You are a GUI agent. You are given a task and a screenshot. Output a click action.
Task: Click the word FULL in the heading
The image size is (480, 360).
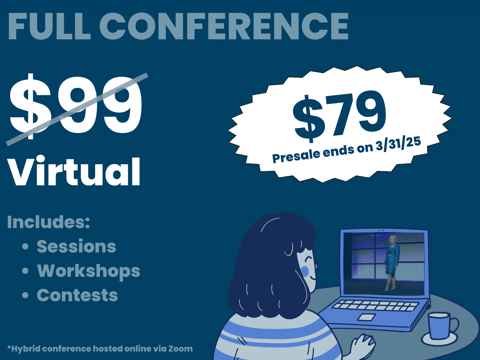(x=49, y=26)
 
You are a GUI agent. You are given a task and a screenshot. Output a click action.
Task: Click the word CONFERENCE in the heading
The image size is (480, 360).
(x=224, y=26)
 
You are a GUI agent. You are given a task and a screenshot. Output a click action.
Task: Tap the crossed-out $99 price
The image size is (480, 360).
(x=76, y=107)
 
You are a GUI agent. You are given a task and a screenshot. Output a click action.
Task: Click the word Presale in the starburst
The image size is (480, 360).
(x=297, y=155)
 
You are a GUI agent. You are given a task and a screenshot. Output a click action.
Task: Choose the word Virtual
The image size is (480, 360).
(x=74, y=172)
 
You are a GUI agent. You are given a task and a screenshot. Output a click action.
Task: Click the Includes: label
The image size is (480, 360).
(x=48, y=222)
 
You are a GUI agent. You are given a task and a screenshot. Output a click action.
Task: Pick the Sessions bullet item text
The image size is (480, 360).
(x=76, y=246)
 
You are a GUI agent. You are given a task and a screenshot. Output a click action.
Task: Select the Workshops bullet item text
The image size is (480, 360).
(x=88, y=271)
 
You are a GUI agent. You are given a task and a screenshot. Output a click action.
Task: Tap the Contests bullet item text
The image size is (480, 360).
(x=77, y=295)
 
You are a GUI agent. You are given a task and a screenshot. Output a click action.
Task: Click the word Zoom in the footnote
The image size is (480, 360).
(x=180, y=348)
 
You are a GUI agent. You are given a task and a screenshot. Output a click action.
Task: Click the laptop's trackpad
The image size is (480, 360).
(x=367, y=317)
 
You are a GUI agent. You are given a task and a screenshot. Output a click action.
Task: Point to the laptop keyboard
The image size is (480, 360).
(x=375, y=305)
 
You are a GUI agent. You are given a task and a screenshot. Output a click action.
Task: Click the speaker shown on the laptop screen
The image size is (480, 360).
(x=392, y=263)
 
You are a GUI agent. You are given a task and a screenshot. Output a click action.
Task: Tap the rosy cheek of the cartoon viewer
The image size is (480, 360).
(x=305, y=271)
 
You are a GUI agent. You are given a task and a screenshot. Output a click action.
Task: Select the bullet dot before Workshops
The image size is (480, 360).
(x=25, y=271)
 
